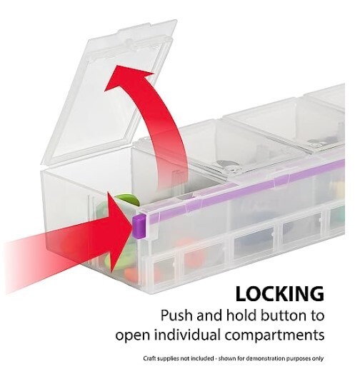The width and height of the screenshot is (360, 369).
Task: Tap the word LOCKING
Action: (280, 294)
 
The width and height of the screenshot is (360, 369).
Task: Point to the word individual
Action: (188, 335)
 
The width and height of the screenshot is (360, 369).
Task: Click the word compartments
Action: (275, 335)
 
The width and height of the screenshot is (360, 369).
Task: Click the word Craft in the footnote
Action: (149, 358)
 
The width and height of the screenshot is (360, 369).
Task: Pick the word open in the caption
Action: (133, 335)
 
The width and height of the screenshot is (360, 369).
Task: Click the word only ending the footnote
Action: (318, 358)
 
